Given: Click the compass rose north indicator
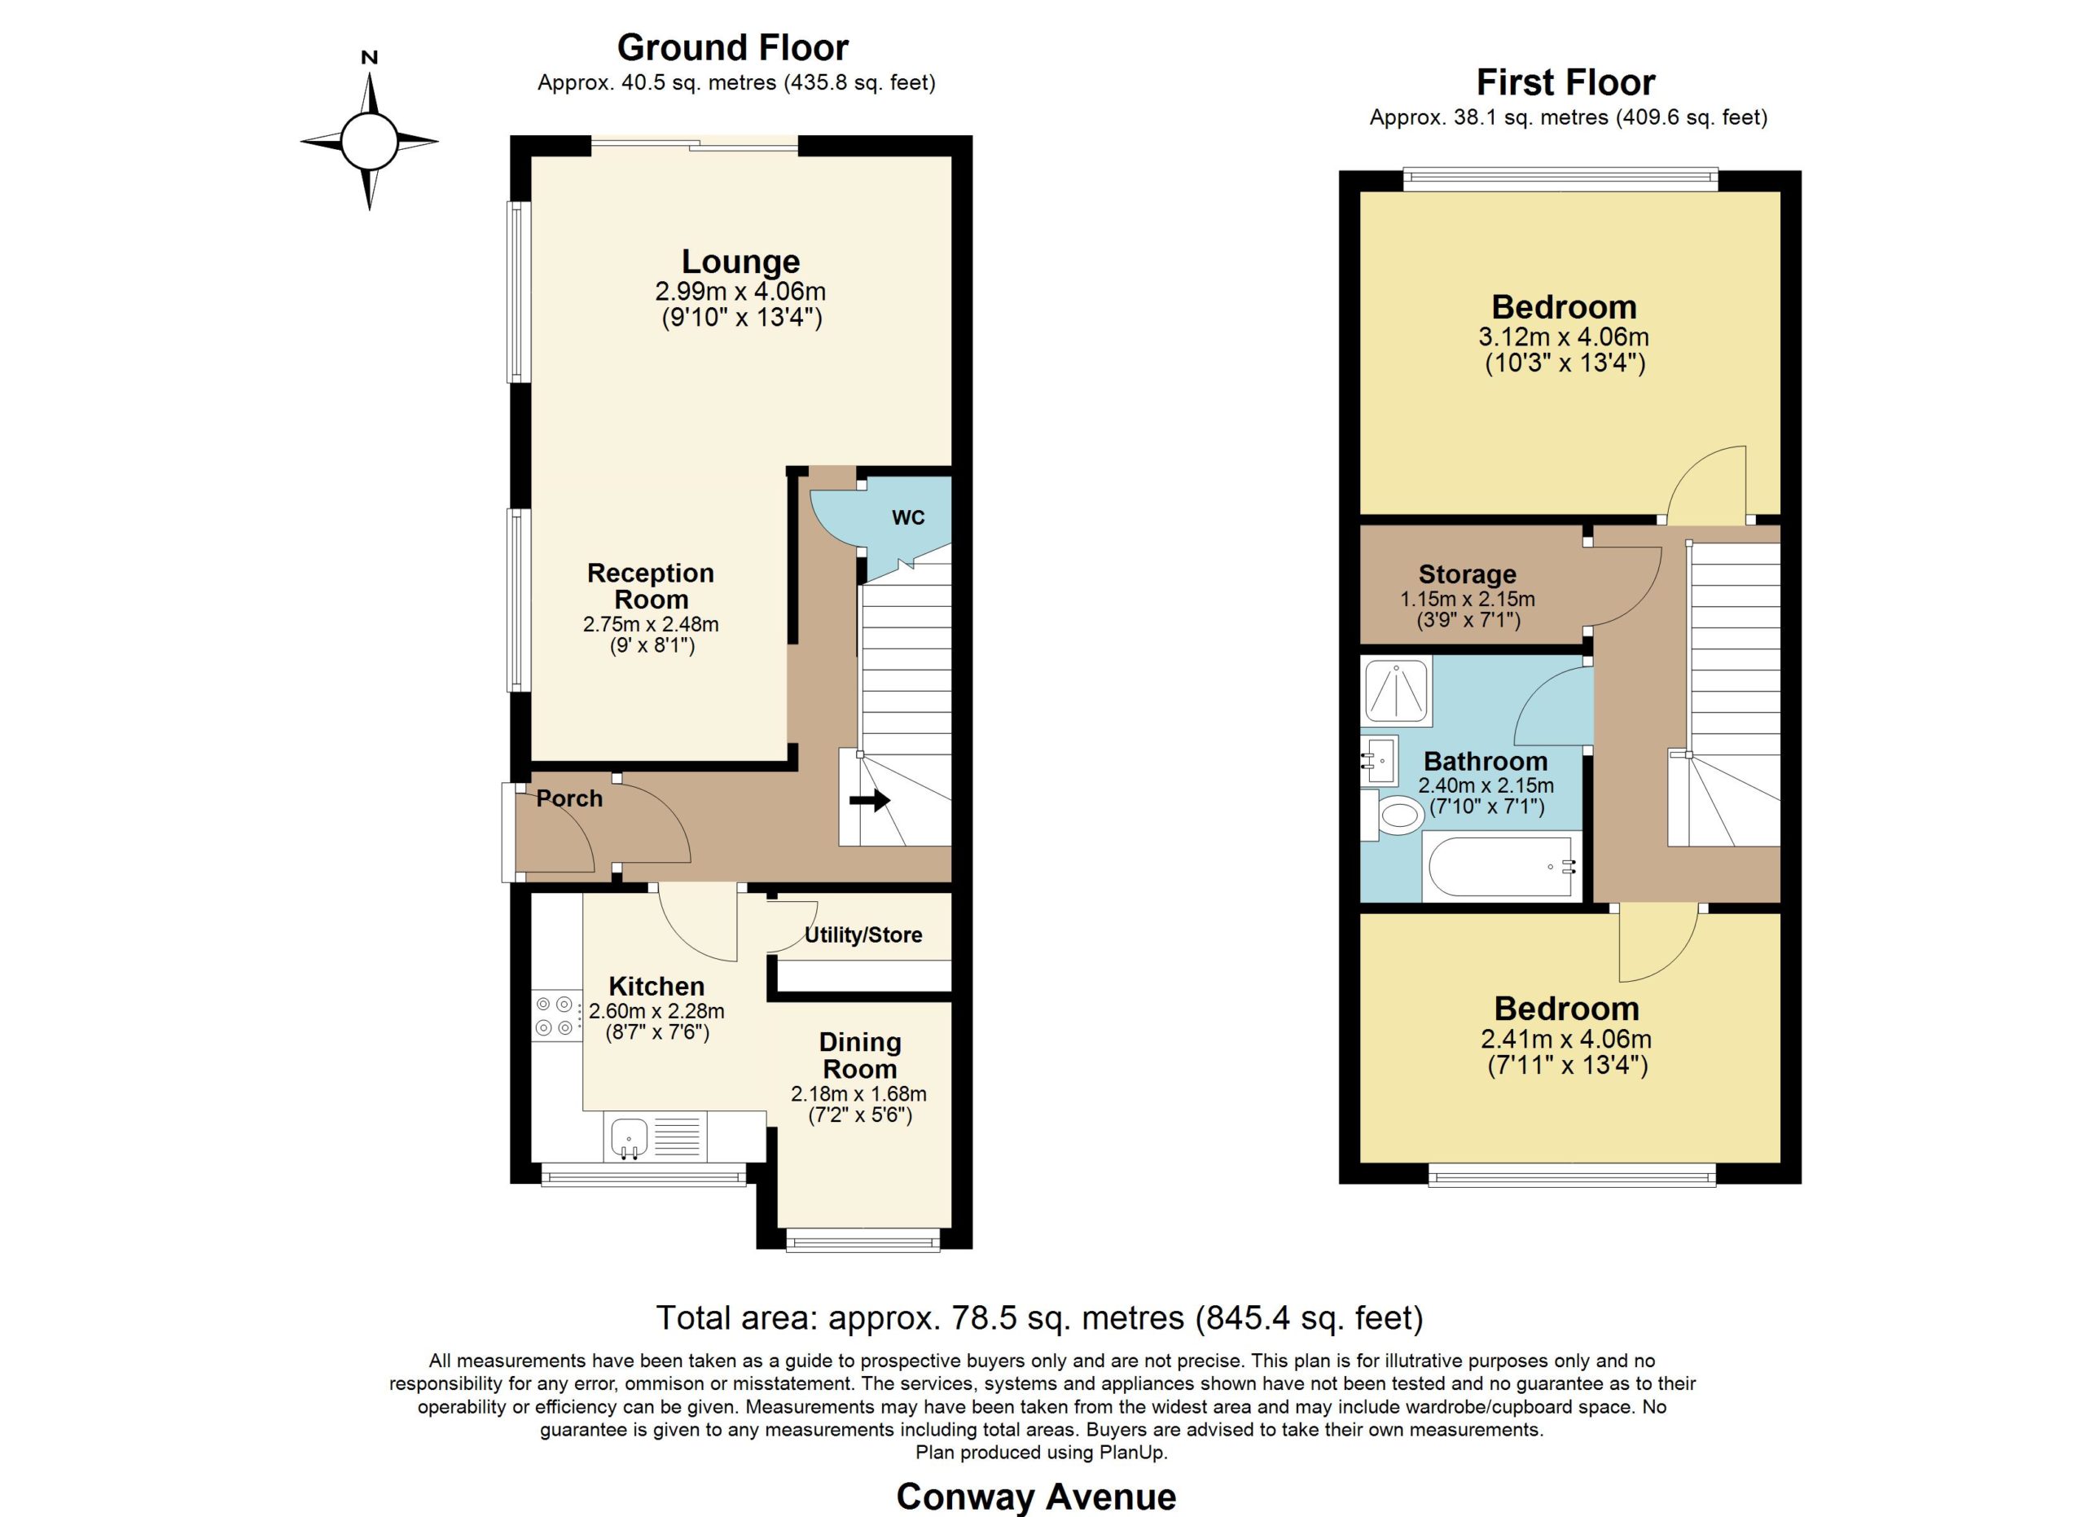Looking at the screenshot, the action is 370,58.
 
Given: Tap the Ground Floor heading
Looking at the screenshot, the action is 733,47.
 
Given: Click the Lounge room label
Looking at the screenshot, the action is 741,262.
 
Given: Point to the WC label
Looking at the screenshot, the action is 908,517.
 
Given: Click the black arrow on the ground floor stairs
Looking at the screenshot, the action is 870,800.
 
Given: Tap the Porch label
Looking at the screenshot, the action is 569,798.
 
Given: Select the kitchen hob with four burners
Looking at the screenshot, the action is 557,1015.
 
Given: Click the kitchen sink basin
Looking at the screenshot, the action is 630,1138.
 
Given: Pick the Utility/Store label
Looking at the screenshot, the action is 863,935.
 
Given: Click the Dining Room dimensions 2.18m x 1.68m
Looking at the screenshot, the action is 858,1094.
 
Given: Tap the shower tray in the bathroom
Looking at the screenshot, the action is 1397,690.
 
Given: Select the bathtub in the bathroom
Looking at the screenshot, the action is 1502,866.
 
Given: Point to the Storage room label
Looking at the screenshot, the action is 1467,574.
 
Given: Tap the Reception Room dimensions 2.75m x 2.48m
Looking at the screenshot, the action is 651,624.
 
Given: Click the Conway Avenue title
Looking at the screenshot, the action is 1036,1497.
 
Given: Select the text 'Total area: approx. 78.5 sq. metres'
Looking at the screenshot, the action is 920,1318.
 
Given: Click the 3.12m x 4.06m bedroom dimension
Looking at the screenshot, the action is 1565,336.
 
